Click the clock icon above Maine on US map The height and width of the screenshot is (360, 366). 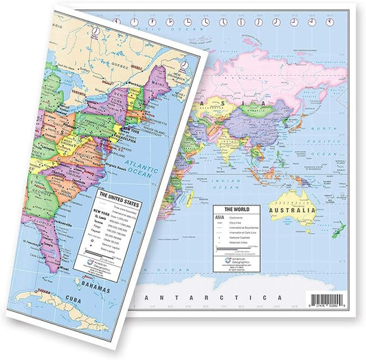185,64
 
